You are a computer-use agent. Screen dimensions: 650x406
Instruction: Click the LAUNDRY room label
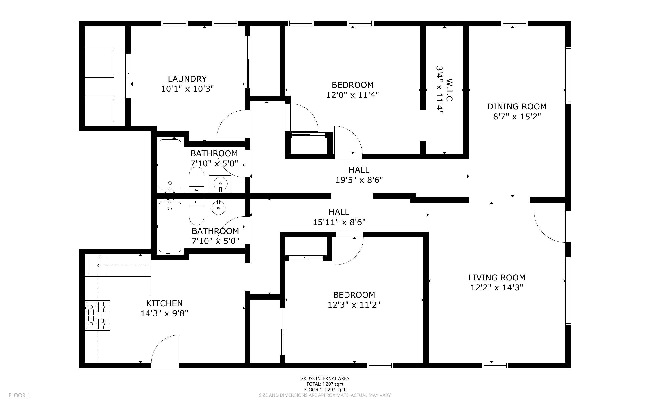pyautogui.click(x=187, y=79)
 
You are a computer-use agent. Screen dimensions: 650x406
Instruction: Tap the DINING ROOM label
pyautogui.click(x=517, y=107)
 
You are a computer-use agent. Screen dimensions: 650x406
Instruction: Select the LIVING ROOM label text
pyautogui.click(x=497, y=278)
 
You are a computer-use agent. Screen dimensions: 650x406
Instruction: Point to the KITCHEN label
pyautogui.click(x=164, y=303)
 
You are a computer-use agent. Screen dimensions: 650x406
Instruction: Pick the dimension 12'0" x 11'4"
pyautogui.click(x=353, y=95)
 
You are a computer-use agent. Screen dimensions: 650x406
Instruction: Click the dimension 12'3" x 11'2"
pyautogui.click(x=354, y=305)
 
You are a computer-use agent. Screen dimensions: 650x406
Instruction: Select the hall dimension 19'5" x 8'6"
pyautogui.click(x=359, y=180)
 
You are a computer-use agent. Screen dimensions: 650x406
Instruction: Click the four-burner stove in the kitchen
pyautogui.click(x=98, y=315)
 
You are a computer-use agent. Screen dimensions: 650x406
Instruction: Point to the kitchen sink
pyautogui.click(x=98, y=265)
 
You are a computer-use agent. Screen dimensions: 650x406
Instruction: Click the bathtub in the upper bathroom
pyautogui.click(x=170, y=165)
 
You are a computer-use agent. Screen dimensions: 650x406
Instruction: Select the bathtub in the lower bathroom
pyautogui.click(x=170, y=227)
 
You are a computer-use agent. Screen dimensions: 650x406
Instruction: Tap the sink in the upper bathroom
pyautogui.click(x=220, y=184)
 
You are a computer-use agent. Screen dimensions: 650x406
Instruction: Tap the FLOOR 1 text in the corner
pyautogui.click(x=19, y=395)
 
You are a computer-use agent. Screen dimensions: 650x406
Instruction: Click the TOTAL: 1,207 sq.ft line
pyautogui.click(x=325, y=384)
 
